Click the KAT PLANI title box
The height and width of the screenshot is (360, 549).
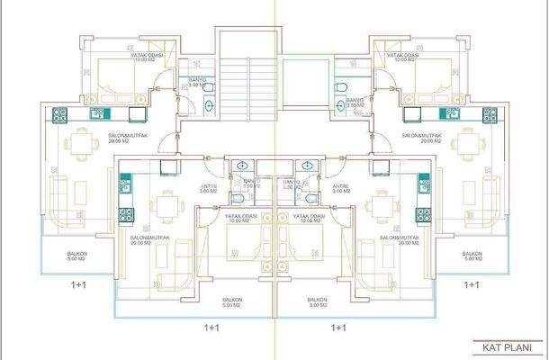pyautogui.click(x=508, y=346)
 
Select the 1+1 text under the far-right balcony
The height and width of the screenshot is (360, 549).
pyautogui.click(x=470, y=284)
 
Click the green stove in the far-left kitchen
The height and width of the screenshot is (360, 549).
pyautogui.click(x=60, y=114)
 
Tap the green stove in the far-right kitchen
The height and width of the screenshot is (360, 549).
pyautogui.click(x=488, y=114)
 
